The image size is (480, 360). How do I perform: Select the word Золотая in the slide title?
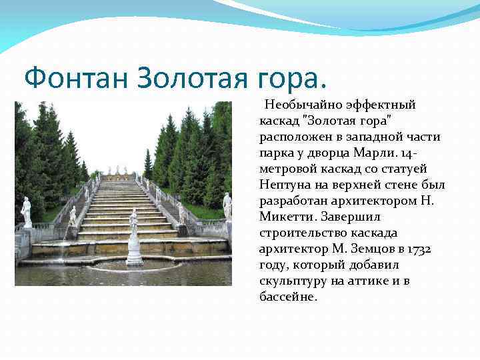pyautogui.click(x=191, y=79)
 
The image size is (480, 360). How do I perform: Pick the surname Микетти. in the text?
pyautogui.click(x=287, y=217)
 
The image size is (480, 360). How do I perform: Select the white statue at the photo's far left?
pyautogui.click(x=27, y=211)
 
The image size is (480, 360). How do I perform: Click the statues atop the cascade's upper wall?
pyautogui.click(x=118, y=171)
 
